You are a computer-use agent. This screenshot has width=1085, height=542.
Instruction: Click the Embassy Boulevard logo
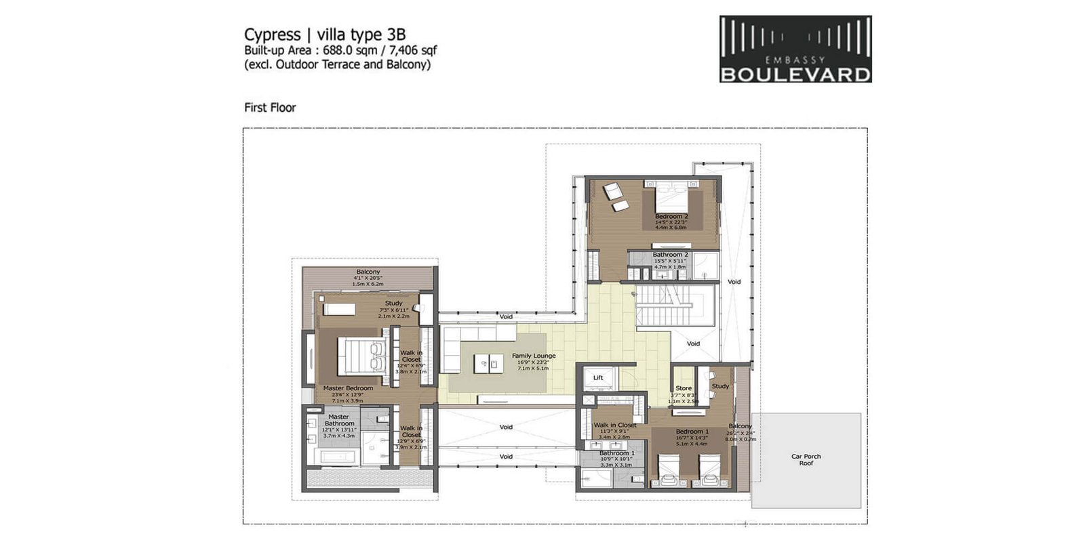795,49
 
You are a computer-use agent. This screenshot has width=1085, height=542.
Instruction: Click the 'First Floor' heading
270,107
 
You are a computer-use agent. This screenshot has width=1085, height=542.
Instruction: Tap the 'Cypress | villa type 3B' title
325,35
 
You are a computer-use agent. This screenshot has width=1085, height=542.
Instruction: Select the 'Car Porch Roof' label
806,459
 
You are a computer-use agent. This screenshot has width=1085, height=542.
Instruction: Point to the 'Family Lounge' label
533,356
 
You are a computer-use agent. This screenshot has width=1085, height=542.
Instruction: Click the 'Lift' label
598,378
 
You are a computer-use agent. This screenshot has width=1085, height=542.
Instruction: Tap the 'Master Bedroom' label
348,388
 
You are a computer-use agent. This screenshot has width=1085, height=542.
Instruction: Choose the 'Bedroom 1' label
692,432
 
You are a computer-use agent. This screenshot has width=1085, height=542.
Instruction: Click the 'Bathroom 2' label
670,255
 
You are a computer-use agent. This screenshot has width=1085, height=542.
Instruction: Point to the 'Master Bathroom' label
338,420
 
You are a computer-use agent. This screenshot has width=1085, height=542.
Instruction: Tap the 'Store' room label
684,388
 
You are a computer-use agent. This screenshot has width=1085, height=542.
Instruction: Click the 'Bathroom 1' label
616,453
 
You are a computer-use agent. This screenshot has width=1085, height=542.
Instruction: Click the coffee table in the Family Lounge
488,363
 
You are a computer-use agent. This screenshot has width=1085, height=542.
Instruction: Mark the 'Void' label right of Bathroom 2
734,282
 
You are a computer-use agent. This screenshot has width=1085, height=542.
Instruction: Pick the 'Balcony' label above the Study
368,272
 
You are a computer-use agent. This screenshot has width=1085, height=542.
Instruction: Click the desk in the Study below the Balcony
338,309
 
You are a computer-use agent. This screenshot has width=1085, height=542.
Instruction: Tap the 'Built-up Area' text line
340,50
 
